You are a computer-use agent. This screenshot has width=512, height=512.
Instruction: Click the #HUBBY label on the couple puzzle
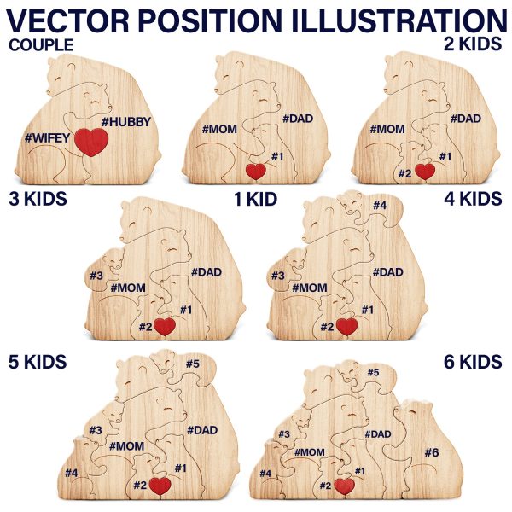click(x=126, y=122)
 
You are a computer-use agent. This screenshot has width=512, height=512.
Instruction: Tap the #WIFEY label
click(x=47, y=137)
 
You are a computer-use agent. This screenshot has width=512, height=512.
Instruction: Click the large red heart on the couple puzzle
click(x=91, y=142)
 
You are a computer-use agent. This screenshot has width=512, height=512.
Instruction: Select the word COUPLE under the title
click(x=41, y=45)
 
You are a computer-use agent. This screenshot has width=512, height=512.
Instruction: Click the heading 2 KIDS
click(x=473, y=44)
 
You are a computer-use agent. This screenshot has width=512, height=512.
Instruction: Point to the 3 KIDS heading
click(x=38, y=199)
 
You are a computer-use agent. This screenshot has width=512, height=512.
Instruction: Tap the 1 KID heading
click(x=256, y=199)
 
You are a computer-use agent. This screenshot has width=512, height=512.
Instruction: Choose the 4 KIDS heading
click(x=473, y=199)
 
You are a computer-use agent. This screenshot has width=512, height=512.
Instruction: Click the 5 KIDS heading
click(x=38, y=362)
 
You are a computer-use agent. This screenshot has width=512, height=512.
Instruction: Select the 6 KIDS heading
click(x=473, y=362)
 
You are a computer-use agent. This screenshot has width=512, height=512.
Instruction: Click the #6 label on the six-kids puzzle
click(x=432, y=452)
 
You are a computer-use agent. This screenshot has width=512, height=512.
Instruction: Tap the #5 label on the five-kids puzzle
click(x=193, y=364)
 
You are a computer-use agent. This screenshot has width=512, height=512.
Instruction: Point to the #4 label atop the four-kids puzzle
click(x=380, y=205)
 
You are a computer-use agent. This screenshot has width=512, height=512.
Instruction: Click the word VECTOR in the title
click(x=67, y=20)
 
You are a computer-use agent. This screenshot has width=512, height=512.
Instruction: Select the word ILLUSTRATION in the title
click(x=398, y=20)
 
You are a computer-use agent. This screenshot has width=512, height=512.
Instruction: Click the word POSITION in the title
click(x=209, y=20)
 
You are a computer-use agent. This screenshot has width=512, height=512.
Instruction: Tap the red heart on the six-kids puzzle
click(x=345, y=486)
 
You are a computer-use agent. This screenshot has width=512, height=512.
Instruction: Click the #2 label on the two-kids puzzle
click(x=404, y=174)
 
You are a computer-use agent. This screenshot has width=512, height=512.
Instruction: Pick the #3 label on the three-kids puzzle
click(x=96, y=276)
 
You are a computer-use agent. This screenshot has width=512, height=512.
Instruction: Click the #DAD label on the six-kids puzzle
click(x=378, y=434)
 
